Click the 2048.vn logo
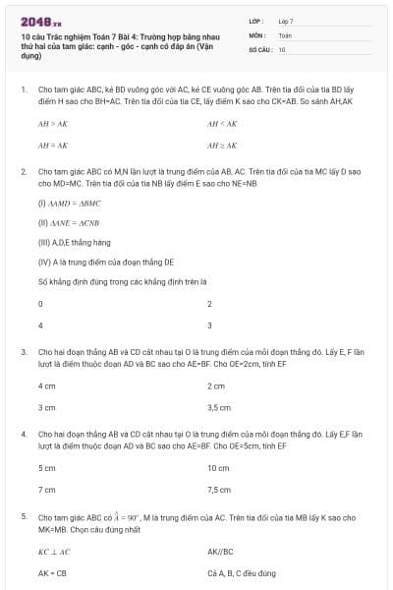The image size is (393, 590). coord(40,21)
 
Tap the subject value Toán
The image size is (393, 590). coord(285,34)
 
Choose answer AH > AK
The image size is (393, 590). coord(52,124)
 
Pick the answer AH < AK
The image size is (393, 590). coord(221,124)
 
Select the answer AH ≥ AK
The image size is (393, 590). coord(221,145)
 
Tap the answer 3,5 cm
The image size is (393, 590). coord(219,407)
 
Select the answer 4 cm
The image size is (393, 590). coord(46,386)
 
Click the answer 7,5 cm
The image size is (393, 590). coord(219,489)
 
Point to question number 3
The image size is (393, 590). coord(24,351)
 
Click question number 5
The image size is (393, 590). coord(24,516)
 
